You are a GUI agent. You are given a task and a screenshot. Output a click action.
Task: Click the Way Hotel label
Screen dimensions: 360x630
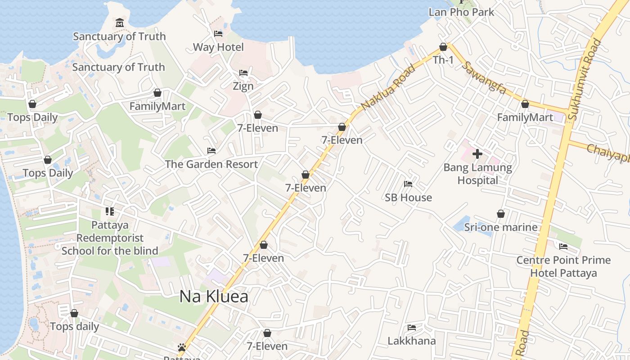(218, 47)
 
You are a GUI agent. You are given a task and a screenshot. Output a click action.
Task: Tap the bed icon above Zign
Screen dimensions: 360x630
(243, 72)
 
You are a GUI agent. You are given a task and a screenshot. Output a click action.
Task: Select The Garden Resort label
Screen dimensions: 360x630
(211, 164)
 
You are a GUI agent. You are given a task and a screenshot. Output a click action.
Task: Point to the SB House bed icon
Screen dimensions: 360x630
(408, 184)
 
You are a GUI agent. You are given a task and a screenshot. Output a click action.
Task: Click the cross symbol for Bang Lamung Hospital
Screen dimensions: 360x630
(477, 154)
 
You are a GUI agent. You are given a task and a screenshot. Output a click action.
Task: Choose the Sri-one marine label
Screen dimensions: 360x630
(501, 227)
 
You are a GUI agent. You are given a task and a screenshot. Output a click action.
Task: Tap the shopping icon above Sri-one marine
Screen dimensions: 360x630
(500, 214)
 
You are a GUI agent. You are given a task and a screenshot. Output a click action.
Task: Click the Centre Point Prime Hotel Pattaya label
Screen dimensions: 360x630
(563, 266)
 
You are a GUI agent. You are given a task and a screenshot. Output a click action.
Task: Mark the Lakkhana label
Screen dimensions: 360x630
(412, 341)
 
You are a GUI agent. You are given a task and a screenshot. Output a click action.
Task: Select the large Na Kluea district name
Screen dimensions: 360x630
(214, 297)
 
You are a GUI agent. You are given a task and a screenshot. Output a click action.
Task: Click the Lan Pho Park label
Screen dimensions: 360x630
(461, 12)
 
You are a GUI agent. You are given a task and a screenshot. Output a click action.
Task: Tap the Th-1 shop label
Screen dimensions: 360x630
(443, 60)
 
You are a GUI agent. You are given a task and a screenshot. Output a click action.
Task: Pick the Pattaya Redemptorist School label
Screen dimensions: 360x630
(110, 238)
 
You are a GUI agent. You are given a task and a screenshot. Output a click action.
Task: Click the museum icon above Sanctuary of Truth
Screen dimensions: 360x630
(120, 23)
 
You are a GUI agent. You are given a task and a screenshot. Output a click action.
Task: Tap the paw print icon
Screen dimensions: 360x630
(182, 347)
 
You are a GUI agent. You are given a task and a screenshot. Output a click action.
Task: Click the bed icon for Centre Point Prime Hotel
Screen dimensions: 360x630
(563, 246)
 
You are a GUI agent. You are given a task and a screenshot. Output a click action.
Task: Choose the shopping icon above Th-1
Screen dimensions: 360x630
(443, 47)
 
